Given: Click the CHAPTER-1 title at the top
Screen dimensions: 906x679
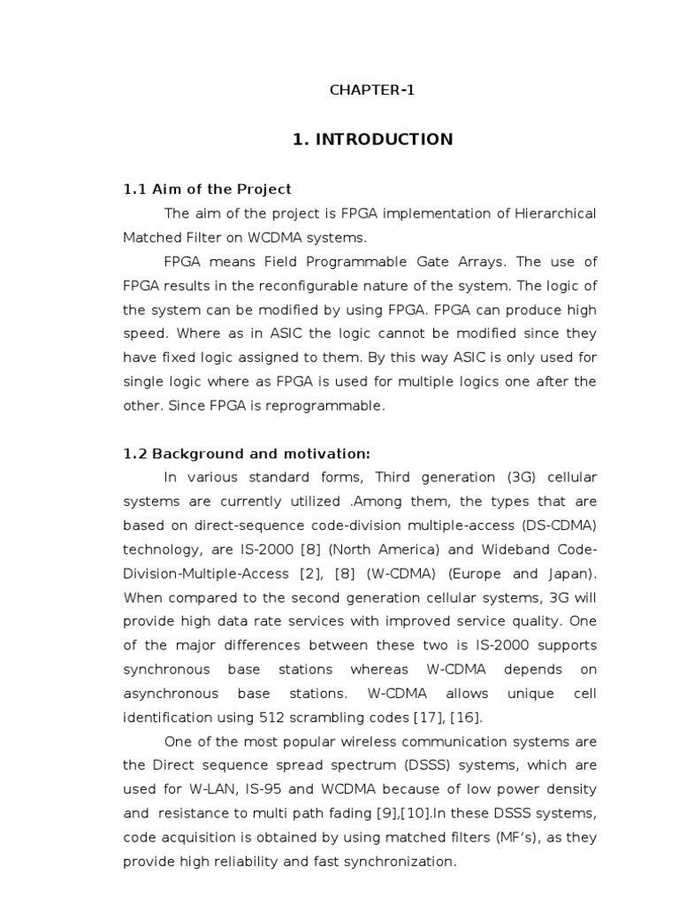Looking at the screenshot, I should pyautogui.click(x=372, y=90).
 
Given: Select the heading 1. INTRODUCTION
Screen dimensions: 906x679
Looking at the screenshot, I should pyautogui.click(x=372, y=139).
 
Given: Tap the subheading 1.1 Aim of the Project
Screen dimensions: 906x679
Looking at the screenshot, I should pyautogui.click(x=207, y=189).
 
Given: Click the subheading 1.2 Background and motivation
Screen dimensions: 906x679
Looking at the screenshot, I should pyautogui.click(x=247, y=453).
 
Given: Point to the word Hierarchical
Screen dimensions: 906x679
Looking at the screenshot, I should pyautogui.click(x=552, y=213).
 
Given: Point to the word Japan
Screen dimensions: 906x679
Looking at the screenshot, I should pyautogui.click(x=570, y=572).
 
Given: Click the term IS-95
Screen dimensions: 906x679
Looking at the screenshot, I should pyautogui.click(x=266, y=788).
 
